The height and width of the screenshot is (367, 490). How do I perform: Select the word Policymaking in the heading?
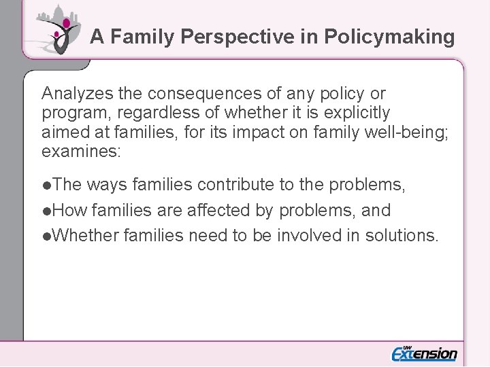click(x=389, y=37)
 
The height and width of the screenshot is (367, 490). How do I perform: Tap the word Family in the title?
click(x=142, y=37)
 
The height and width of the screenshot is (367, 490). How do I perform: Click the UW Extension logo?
click(x=424, y=352)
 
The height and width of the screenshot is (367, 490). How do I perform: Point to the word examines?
click(x=80, y=150)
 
